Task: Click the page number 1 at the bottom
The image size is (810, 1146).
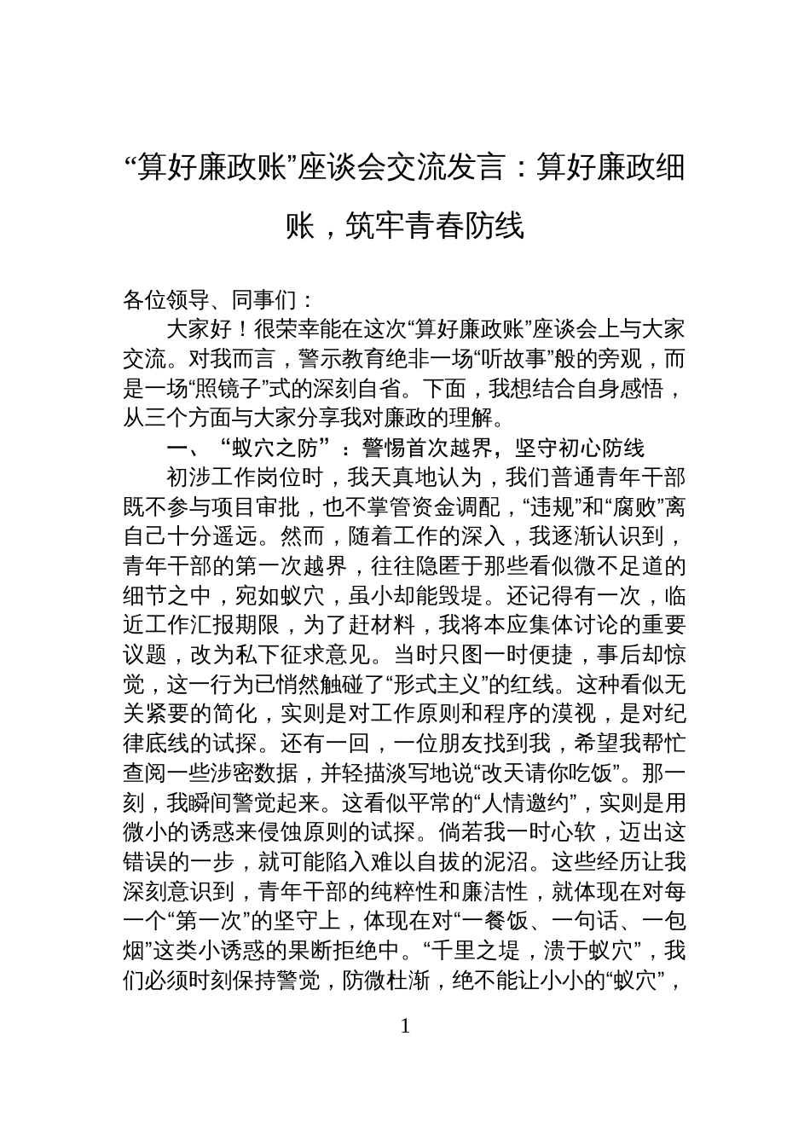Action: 405,1026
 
